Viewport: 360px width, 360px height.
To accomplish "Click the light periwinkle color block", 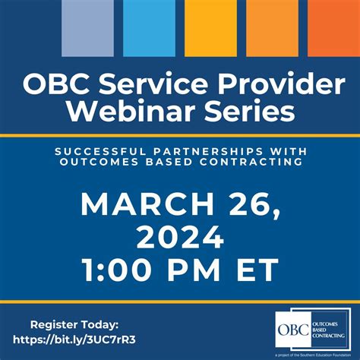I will click(87, 27).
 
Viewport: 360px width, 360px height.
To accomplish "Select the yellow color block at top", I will click(210, 27).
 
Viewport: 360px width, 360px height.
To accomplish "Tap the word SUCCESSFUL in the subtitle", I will click(96, 151).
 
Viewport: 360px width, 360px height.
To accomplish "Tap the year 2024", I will click(179, 237).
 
